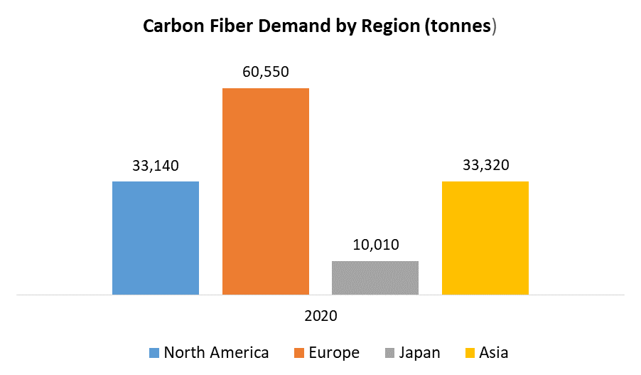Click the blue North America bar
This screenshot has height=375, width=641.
156,238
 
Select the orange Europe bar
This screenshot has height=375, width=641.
266,191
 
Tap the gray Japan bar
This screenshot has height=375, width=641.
375,278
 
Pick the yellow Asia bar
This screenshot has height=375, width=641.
485,238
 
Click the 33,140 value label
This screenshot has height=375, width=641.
156,166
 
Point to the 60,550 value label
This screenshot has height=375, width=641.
266,72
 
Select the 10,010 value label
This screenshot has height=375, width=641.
375,245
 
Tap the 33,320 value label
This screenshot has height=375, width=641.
485,166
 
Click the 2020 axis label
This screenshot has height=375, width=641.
320,315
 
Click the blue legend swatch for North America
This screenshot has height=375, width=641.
154,353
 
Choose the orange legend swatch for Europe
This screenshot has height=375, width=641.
298,353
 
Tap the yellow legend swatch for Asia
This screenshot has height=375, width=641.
469,353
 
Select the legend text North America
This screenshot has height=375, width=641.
216,353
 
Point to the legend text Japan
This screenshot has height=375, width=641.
419,353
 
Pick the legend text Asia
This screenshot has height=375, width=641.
494,353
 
